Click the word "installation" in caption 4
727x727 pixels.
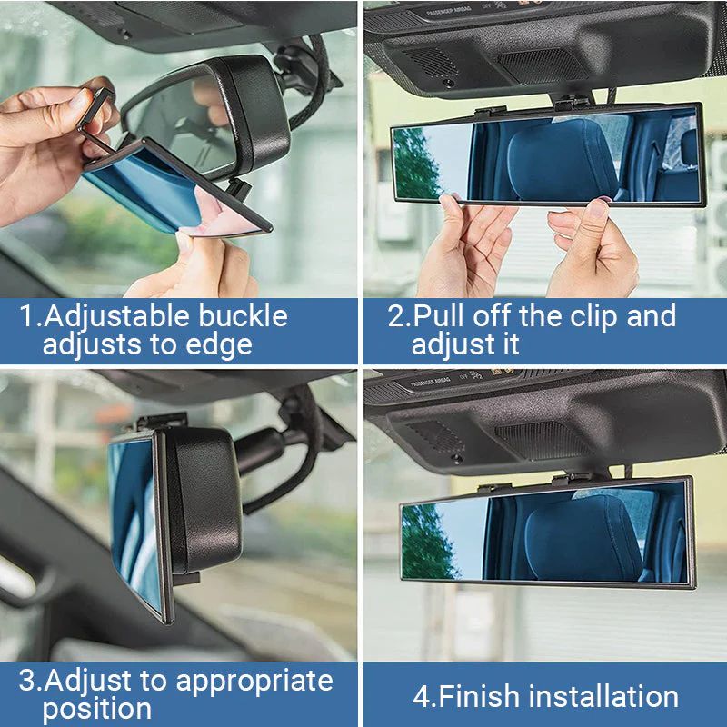point(603,697)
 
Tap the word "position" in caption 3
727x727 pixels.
point(97,709)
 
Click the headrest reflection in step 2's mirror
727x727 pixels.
point(554,164)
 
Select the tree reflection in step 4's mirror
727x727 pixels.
point(427,541)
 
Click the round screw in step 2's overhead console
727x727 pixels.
point(448,83)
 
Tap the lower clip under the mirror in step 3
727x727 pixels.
point(185,578)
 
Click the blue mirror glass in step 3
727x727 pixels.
point(132,518)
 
